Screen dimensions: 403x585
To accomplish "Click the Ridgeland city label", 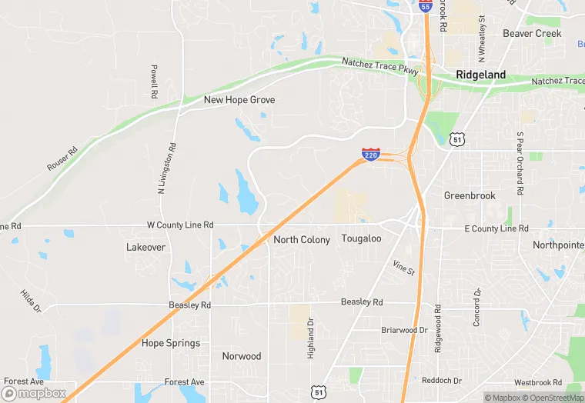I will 481,75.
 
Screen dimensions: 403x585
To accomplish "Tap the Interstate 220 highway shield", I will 370,154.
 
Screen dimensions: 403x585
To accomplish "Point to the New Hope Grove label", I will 239,100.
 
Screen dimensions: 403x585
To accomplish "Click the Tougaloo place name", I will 361,239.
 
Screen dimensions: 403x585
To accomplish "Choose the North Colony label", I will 302,240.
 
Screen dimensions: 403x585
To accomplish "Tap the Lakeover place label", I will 145,248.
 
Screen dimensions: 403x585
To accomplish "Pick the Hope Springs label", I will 171,343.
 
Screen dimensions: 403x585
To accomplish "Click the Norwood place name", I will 242,356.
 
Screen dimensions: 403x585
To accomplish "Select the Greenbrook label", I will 470,196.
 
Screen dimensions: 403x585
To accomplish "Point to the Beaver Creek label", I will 532,34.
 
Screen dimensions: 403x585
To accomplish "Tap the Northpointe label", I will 558,245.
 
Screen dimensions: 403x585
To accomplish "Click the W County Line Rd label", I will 179,225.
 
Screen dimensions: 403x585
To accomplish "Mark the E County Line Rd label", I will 496,228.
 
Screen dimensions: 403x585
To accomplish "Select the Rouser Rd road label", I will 62,158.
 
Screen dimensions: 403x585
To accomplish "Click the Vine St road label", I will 403,268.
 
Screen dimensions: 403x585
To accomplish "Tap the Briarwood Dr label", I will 404,330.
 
